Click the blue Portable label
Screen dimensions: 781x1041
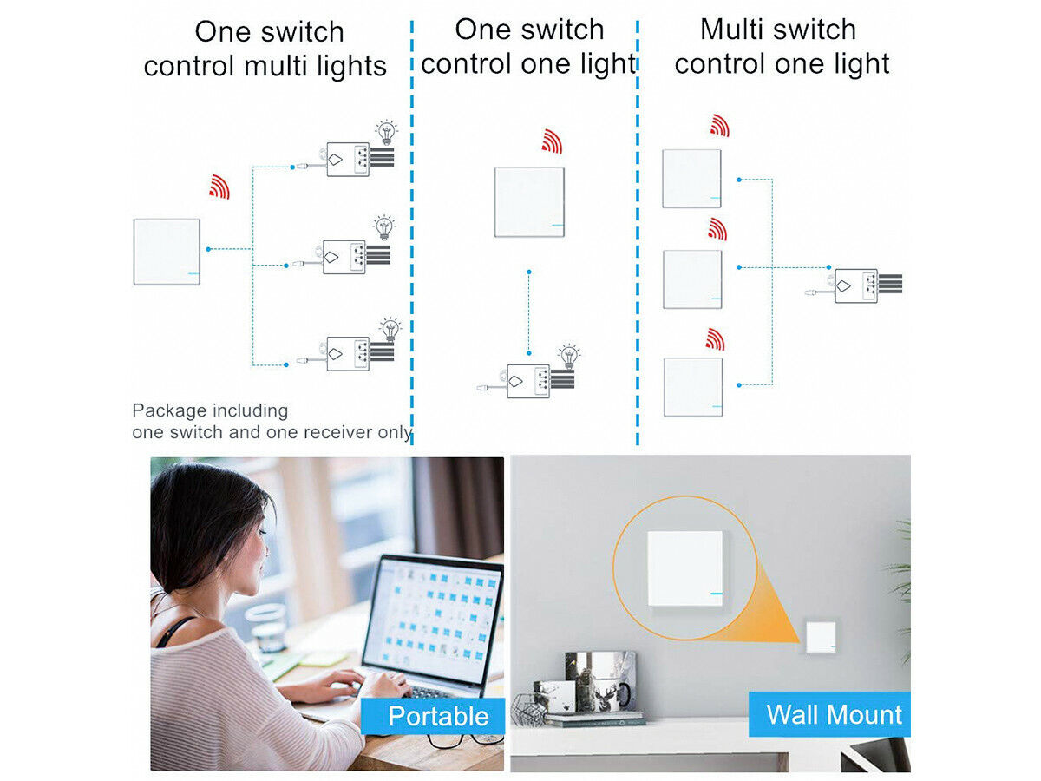[438, 717]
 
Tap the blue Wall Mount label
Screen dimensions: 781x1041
[834, 715]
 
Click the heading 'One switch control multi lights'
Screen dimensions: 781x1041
[265, 49]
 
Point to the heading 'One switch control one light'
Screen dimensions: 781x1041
[528, 47]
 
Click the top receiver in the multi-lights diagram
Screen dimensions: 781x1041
[349, 159]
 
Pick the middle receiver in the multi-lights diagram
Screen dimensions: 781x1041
[345, 258]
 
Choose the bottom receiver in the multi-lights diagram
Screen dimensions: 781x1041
[349, 353]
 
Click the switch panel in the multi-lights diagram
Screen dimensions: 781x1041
[167, 252]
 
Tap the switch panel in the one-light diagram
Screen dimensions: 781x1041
[529, 202]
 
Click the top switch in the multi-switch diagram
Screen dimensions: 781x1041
[691, 179]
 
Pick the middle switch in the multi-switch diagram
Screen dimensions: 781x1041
[692, 279]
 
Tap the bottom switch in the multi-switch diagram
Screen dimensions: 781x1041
[693, 387]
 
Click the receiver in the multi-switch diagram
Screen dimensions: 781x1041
[856, 285]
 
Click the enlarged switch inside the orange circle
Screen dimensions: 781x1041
[684, 568]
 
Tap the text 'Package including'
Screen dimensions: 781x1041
[209, 410]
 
